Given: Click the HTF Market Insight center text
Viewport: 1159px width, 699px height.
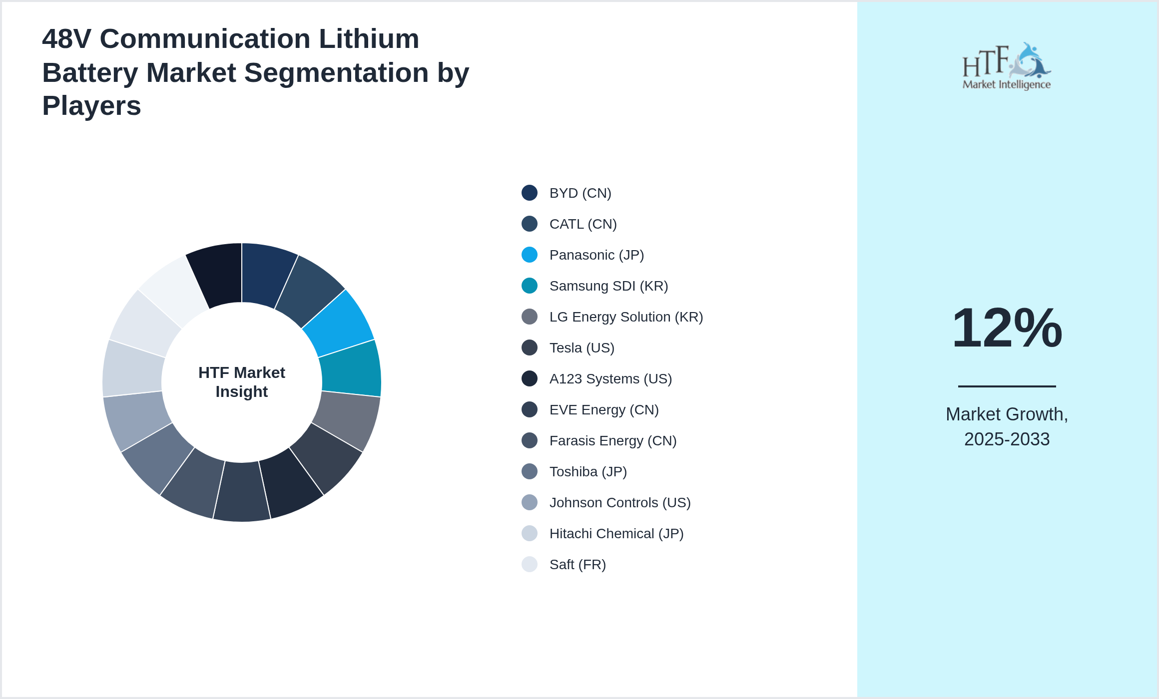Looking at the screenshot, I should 241,382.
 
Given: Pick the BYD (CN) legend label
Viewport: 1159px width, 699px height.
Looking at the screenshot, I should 580,193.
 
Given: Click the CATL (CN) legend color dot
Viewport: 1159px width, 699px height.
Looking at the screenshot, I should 530,224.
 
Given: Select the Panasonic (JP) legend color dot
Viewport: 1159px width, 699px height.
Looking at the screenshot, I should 530,255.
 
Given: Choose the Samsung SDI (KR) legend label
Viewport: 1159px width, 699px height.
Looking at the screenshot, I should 608,286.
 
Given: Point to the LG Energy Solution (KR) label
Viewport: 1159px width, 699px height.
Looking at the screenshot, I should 626,317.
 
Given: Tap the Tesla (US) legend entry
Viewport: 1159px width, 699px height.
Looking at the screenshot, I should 581,348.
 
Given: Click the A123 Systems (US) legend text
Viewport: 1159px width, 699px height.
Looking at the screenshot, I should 610,379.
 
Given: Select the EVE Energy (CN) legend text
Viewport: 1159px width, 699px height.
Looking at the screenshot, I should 604,410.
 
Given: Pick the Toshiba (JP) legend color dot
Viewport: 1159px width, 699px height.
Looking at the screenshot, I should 530,471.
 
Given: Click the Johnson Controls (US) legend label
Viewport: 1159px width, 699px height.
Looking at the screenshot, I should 620,503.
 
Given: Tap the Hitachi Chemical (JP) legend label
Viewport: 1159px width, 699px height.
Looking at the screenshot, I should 616,534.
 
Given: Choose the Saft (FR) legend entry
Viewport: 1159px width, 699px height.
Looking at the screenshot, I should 578,565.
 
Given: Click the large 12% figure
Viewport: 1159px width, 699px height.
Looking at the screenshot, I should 1007,328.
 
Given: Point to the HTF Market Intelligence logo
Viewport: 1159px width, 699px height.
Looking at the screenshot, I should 1007,66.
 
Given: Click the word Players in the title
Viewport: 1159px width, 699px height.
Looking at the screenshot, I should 91,106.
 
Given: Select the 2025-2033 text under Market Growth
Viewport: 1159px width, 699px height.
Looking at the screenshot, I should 1007,439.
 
